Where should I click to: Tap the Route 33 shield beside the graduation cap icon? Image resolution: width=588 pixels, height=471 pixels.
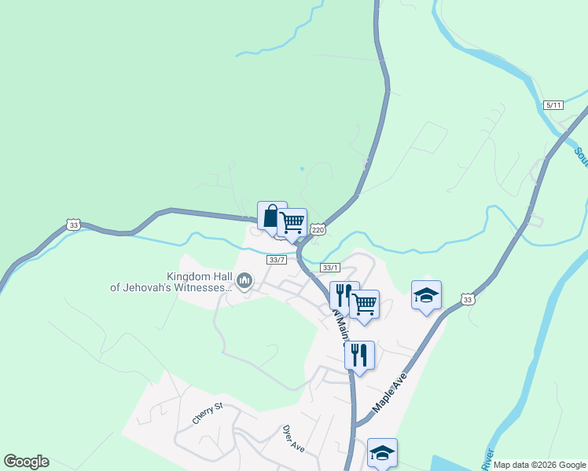468,299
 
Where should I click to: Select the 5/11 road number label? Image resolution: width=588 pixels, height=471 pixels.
553,105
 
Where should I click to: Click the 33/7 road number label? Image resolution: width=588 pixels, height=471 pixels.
276,260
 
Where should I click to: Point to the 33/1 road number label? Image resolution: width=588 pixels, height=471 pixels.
330,268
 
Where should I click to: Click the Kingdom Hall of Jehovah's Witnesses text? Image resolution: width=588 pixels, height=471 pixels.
171,282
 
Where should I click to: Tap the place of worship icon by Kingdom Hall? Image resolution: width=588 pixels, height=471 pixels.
244,280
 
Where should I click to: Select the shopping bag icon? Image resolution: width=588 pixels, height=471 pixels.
271,216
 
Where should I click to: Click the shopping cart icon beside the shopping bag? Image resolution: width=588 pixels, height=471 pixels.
292,222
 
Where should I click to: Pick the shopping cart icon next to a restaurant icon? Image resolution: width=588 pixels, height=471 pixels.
365,303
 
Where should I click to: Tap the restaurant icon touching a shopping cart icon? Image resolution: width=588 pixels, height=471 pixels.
344,294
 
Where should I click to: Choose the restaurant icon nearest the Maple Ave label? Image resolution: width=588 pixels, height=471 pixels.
358,354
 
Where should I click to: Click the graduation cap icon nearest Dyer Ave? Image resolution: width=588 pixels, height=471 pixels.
382,452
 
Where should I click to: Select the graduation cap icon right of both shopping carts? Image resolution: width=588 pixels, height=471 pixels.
426,295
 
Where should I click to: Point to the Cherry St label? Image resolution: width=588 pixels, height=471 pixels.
208,414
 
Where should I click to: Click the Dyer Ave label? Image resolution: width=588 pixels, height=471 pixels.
292,439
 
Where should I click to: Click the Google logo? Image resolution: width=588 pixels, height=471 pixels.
26,462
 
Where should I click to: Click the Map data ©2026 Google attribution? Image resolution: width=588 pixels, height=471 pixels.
539,465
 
